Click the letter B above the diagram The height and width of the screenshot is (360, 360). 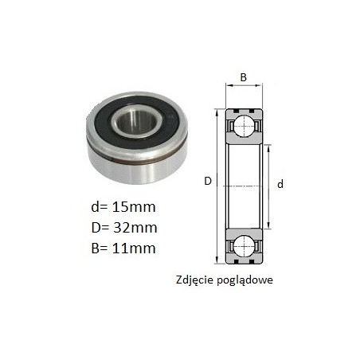point(243,77)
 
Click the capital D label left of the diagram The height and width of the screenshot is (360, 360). point(208,181)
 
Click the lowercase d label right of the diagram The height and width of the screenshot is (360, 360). point(280,184)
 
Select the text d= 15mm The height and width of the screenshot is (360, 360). point(123,207)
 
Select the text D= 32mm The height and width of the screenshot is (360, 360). point(124,228)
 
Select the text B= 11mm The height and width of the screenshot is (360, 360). point(123,248)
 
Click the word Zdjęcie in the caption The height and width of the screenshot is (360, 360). point(195,280)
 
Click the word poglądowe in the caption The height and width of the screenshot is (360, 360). point(245,281)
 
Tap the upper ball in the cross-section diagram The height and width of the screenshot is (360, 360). point(245,126)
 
